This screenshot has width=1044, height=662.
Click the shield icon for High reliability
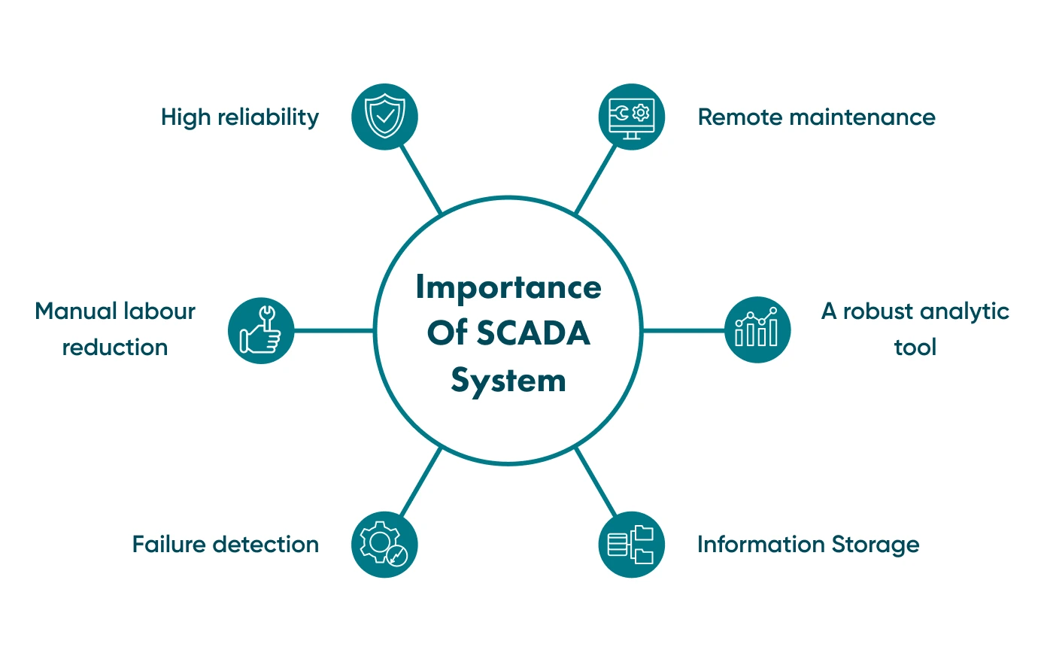pyautogui.click(x=384, y=117)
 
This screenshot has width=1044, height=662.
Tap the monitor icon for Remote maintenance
pyautogui.click(x=632, y=117)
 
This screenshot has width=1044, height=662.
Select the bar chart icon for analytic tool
pyautogui.click(x=757, y=329)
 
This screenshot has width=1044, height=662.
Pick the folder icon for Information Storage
pyautogui.click(x=632, y=545)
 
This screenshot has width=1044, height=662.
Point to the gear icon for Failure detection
pyautogui.click(x=384, y=545)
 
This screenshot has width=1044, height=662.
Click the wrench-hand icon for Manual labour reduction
pyautogui.click(x=261, y=330)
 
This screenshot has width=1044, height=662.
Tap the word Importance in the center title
pyautogui.click(x=508, y=287)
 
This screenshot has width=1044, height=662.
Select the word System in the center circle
pyautogui.click(x=508, y=381)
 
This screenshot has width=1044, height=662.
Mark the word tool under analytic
pyautogui.click(x=915, y=348)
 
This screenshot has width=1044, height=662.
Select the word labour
pyautogui.click(x=159, y=311)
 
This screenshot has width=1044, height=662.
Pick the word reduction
pyautogui.click(x=115, y=348)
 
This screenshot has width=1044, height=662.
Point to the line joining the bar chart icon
pyautogui.click(x=683, y=330)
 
